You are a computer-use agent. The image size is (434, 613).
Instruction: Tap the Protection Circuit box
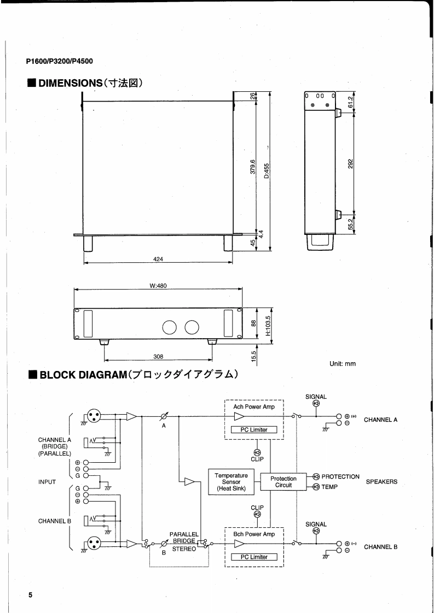(283, 482)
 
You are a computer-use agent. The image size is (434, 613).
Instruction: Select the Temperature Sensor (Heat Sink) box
(231, 482)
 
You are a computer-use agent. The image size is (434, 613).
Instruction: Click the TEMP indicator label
(330, 487)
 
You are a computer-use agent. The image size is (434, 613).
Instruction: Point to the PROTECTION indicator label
(340, 476)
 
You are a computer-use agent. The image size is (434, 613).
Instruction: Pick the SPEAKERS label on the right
(381, 482)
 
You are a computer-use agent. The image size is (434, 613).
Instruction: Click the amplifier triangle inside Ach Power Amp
(239, 416)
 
